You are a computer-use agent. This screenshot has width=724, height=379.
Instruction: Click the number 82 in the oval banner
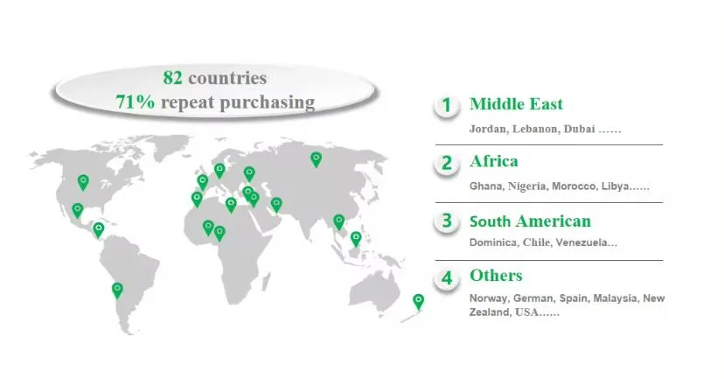click(173, 77)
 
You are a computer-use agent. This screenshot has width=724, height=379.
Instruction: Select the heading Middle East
click(516, 104)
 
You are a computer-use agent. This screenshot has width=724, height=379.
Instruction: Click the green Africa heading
click(493, 161)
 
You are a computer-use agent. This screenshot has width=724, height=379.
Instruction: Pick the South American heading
click(530, 221)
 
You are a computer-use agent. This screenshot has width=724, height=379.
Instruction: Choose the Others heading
click(496, 276)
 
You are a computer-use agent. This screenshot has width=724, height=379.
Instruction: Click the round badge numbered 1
click(446, 106)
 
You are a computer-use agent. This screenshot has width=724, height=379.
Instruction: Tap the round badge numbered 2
click(446, 163)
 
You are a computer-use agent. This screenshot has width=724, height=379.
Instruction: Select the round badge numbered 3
click(446, 221)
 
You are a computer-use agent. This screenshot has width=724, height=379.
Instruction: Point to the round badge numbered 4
click(446, 279)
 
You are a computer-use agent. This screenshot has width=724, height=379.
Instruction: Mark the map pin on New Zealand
click(419, 300)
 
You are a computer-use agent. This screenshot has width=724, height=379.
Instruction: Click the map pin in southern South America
click(117, 289)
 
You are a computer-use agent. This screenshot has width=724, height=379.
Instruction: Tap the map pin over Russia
click(316, 158)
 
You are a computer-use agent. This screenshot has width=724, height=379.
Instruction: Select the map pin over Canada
click(83, 181)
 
